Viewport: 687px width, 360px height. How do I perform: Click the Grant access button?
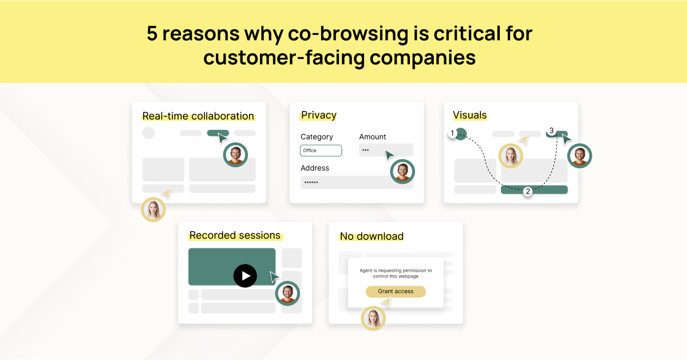[396, 291]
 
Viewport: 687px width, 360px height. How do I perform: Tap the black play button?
[245, 276]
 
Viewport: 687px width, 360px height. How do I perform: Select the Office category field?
[321, 151]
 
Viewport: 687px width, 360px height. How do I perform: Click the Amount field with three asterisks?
[386, 151]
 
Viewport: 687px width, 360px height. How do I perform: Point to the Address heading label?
[315, 168]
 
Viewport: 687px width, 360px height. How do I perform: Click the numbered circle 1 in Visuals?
[452, 133]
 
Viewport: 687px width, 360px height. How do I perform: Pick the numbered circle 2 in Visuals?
[528, 191]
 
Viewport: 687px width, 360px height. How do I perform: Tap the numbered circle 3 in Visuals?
[551, 131]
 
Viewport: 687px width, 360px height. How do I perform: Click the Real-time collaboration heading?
[198, 116]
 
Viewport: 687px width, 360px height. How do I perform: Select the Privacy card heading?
[319, 115]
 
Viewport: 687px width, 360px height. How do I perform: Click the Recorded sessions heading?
[235, 235]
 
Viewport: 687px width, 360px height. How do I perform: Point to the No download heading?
[372, 236]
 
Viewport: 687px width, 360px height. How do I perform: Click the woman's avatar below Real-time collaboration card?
[153, 209]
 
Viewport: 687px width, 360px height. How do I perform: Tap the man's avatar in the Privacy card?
[402, 171]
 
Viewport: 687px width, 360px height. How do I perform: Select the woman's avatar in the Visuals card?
[511, 156]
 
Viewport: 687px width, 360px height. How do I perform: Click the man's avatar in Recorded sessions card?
[287, 294]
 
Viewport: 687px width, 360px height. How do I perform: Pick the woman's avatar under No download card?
[373, 318]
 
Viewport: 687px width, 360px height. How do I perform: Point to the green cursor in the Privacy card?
[389, 155]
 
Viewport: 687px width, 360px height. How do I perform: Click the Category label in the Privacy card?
[317, 137]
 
